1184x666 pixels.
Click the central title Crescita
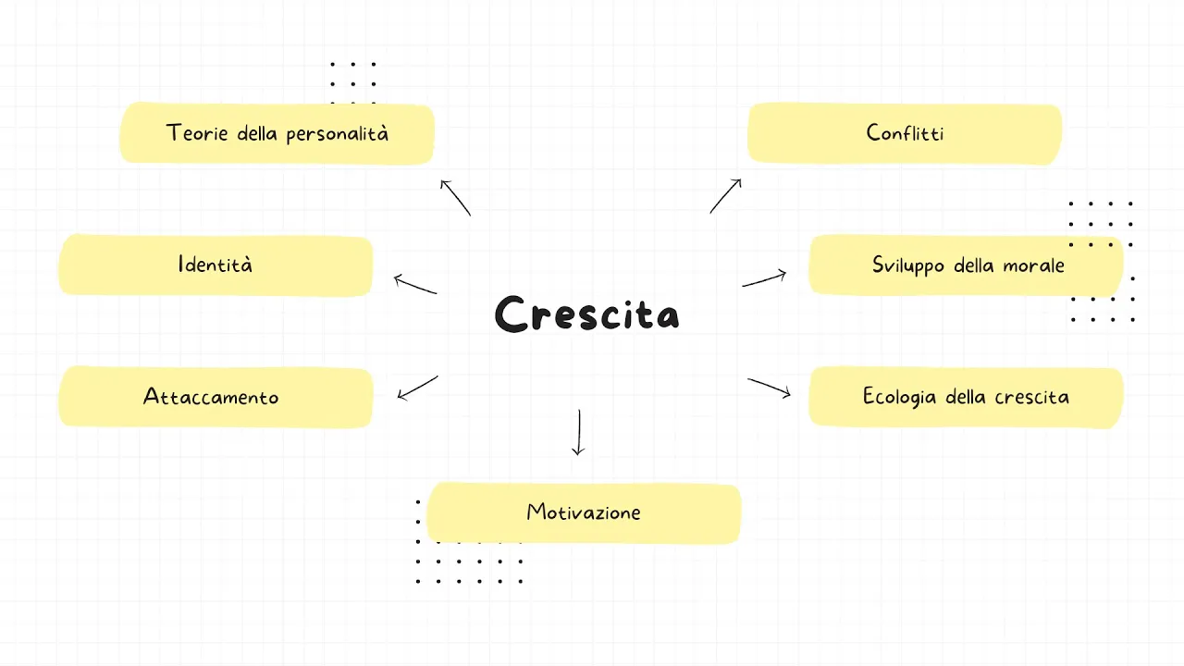(x=587, y=314)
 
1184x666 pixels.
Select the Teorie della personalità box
(x=277, y=133)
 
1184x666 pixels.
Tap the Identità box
(x=216, y=265)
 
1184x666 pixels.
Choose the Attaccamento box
(x=216, y=397)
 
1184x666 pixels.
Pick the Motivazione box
(x=584, y=512)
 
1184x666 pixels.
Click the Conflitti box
(x=905, y=133)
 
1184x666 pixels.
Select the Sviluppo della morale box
(x=967, y=265)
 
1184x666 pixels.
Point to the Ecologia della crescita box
(x=966, y=397)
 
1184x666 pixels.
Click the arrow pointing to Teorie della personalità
(x=455, y=197)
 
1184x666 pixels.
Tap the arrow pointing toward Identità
(x=415, y=285)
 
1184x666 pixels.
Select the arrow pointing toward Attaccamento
(x=417, y=388)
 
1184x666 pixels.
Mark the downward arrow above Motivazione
(x=578, y=432)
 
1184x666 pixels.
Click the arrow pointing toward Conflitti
(x=726, y=196)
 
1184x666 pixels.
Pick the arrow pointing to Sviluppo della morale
(x=764, y=279)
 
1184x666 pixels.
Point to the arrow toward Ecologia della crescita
(x=770, y=388)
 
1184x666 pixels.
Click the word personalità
(x=337, y=134)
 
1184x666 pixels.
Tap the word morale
(x=1034, y=266)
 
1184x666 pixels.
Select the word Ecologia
(x=900, y=398)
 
